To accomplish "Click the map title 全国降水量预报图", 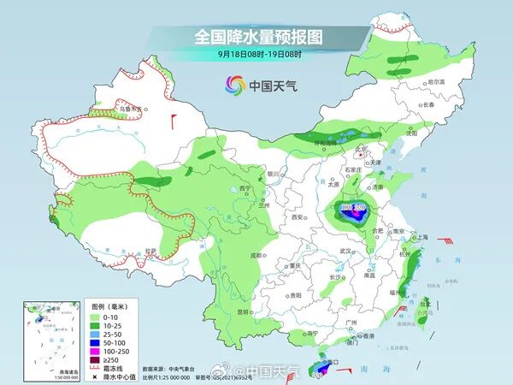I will coord(256,37).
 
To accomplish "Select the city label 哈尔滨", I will coord(435,81).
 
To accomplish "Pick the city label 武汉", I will coord(345,251).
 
